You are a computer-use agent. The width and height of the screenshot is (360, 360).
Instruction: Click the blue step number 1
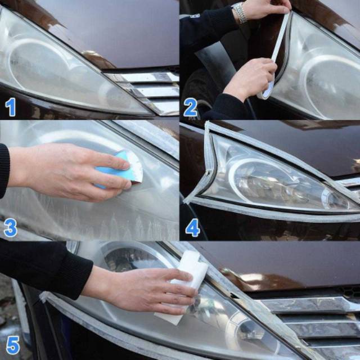point(10,107)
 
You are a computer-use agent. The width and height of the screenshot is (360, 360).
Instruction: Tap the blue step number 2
point(190,107)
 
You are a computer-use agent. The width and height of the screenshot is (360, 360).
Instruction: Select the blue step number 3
point(11,227)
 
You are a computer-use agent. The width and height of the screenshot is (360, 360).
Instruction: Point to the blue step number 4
point(192,227)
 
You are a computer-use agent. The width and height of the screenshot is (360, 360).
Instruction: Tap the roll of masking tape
point(266,88)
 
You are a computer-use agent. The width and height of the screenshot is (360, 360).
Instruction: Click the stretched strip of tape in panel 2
point(281,37)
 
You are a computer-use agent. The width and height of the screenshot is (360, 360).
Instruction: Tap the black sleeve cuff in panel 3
point(4,171)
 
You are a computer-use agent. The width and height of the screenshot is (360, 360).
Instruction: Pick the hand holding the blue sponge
point(69,171)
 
